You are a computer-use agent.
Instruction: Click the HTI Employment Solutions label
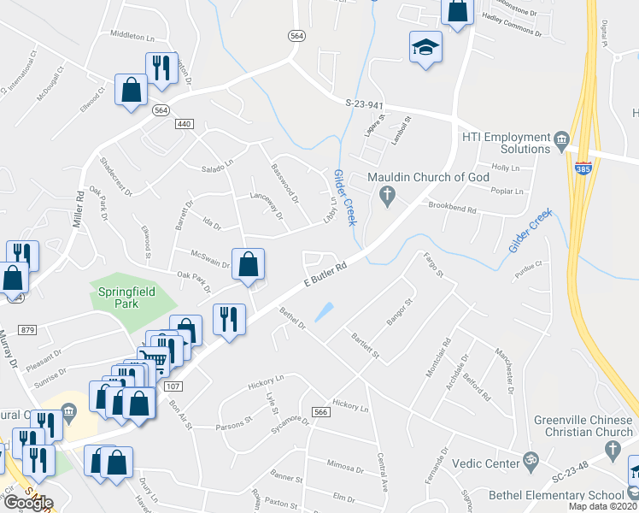click(506, 143)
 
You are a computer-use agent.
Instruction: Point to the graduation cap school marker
click(425, 48)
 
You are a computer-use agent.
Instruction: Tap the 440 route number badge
click(183, 124)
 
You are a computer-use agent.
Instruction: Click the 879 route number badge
click(28, 329)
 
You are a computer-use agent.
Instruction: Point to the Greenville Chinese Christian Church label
click(583, 426)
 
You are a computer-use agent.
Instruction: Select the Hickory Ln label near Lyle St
click(267, 377)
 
